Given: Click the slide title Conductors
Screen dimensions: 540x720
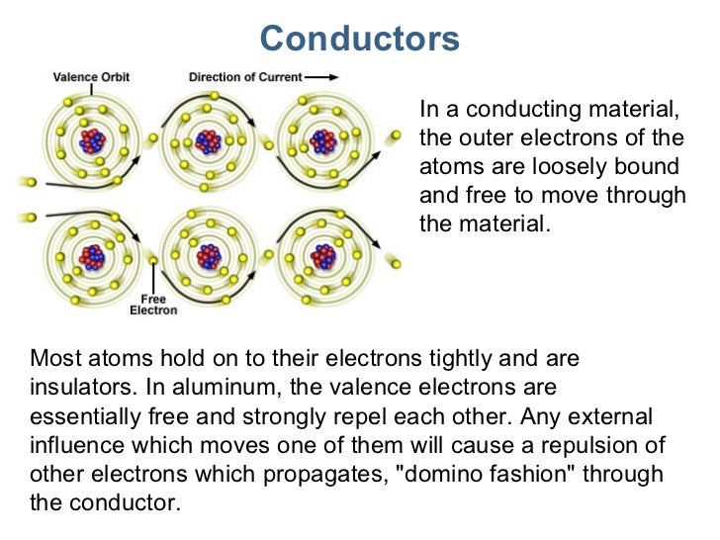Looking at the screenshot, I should [x=360, y=39].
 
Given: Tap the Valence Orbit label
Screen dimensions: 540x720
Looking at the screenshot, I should [x=91, y=76].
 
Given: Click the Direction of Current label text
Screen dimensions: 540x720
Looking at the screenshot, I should [x=245, y=76].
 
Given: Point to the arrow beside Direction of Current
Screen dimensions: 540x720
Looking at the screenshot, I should [x=319, y=76].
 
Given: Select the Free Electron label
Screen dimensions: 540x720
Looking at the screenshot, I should [x=153, y=305].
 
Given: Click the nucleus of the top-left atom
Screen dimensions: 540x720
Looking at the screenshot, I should [x=92, y=141].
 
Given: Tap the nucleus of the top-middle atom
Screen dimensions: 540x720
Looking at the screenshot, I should [x=208, y=141].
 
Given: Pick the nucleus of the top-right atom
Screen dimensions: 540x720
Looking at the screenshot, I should [x=322, y=141].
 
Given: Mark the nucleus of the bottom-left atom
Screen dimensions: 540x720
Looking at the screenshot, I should [x=92, y=257].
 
